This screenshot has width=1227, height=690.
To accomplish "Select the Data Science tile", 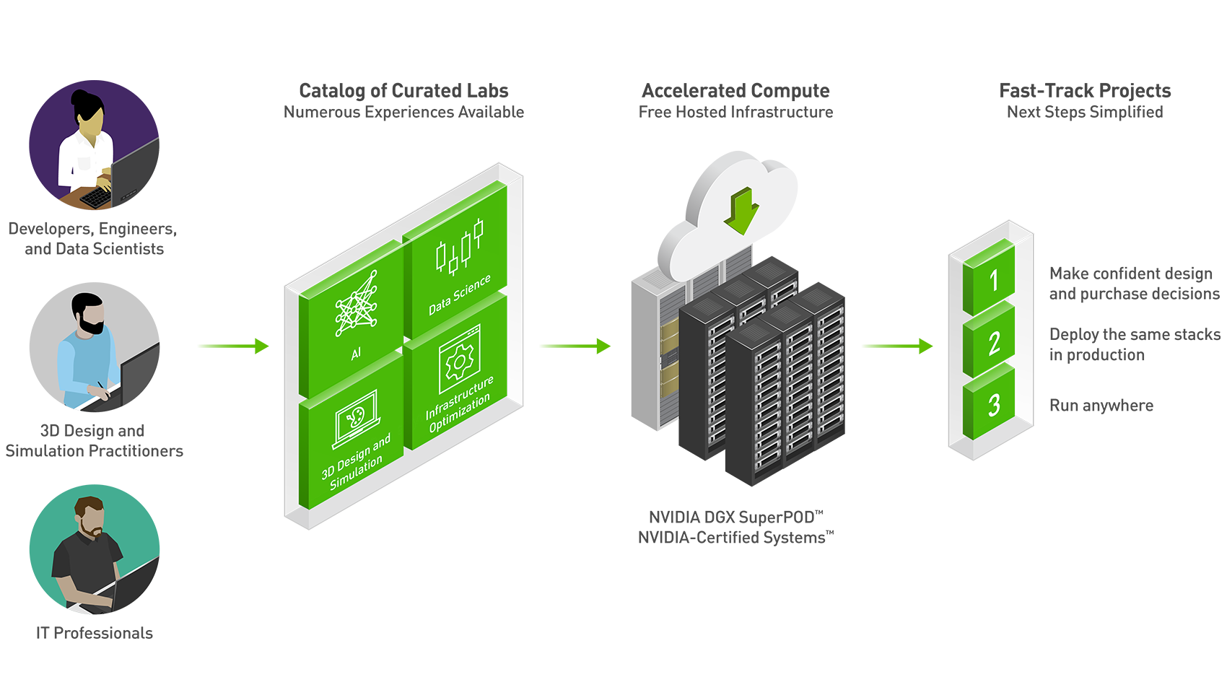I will tap(456, 260).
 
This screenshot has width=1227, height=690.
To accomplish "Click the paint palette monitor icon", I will tap(355, 419).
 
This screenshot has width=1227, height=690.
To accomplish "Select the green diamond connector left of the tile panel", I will tap(227, 346).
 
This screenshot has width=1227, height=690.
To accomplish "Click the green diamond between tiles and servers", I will tap(576, 346).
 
